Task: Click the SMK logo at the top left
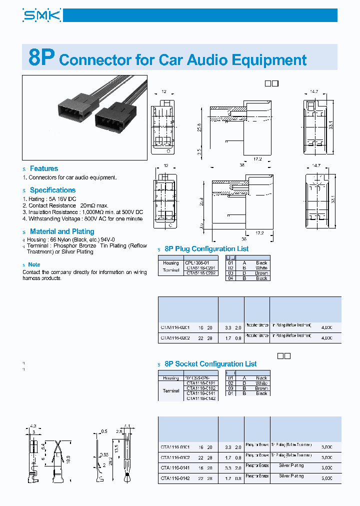42,16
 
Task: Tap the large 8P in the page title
40,58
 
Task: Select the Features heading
44,168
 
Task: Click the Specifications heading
52,190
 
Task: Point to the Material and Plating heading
62,231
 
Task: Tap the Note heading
34,264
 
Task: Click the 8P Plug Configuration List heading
206,249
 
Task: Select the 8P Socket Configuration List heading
210,364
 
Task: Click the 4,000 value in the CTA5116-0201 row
326,327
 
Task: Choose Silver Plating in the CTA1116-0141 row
291,465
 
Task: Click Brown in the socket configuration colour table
261,388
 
